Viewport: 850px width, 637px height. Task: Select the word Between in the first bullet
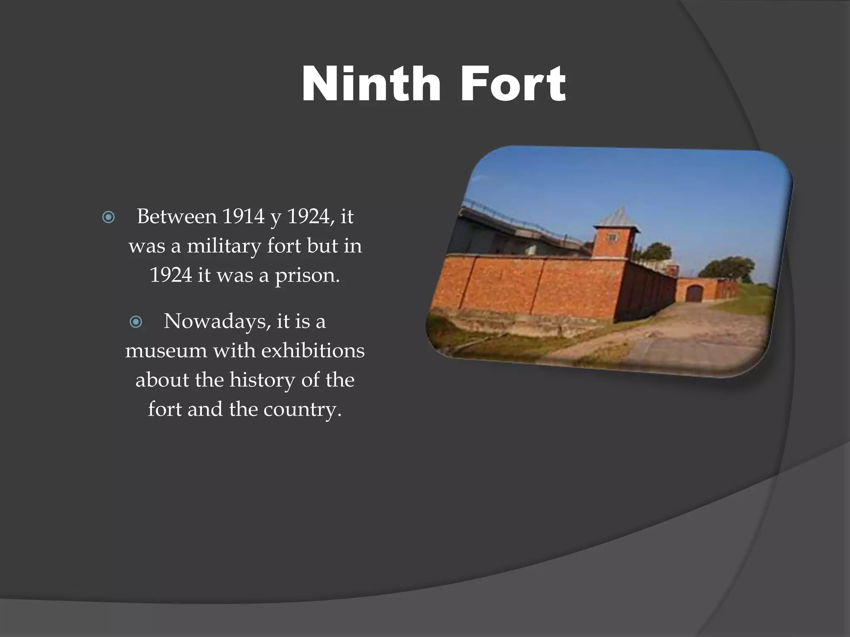(177, 216)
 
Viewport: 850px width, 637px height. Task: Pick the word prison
(307, 275)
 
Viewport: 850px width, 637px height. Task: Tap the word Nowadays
(216, 321)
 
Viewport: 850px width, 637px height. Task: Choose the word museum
(166, 350)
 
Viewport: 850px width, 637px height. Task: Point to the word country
(302, 409)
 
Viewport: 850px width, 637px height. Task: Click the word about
(162, 380)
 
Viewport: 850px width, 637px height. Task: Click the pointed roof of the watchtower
(617, 216)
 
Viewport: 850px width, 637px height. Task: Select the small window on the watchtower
(613, 237)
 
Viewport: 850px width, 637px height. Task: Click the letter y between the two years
(275, 217)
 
